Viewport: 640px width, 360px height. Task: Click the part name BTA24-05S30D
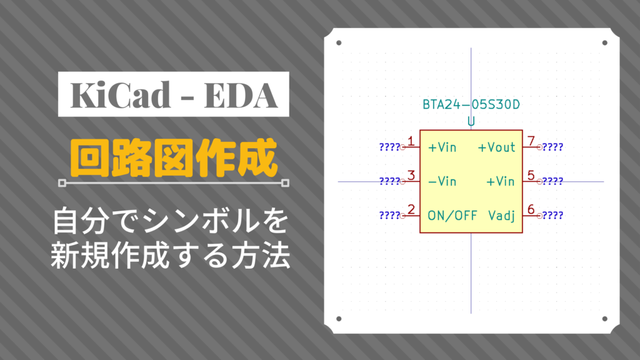471,105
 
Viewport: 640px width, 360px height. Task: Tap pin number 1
411,141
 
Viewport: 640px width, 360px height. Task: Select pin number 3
411,176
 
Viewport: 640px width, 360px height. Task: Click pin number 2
411,210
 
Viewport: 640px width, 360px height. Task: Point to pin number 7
531,141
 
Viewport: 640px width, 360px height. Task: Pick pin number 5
531,176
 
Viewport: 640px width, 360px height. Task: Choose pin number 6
531,210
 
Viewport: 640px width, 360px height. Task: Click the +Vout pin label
497,147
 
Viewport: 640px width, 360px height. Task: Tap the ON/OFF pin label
452,216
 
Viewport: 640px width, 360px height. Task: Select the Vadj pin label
502,216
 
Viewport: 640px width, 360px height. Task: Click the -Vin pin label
442,181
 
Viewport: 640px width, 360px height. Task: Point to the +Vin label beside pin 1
442,147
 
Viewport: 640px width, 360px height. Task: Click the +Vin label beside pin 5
501,181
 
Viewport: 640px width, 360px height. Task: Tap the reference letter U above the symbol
471,122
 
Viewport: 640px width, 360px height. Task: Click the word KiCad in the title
121,95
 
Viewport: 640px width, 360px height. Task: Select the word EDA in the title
241,95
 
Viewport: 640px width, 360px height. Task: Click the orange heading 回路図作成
174,158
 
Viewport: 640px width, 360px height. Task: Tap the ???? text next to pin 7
552,147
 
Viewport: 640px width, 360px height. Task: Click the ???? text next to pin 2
390,216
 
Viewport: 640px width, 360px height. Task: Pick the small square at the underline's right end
285,183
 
